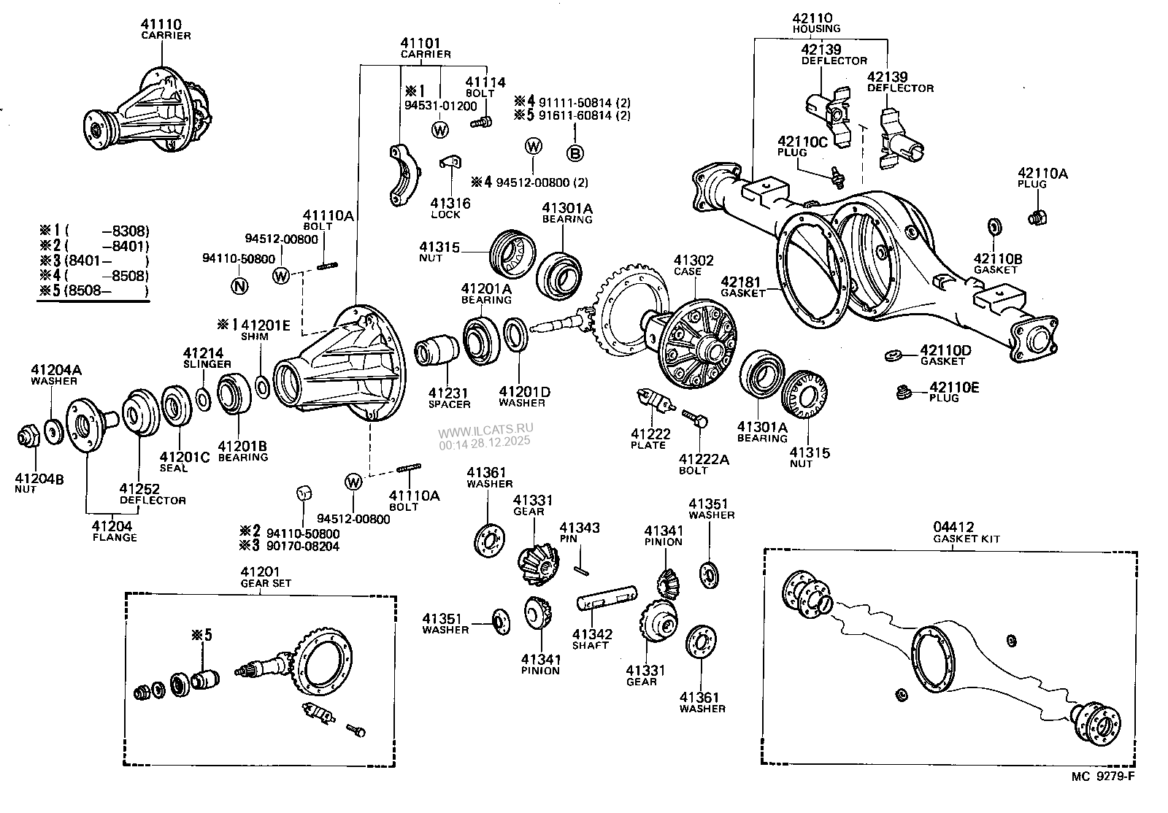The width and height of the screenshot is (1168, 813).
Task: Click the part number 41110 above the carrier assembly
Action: point(161,25)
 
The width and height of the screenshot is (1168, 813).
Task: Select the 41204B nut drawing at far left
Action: point(28,437)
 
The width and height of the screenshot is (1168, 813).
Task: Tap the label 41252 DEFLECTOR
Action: point(153,494)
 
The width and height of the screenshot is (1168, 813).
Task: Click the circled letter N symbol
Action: point(239,286)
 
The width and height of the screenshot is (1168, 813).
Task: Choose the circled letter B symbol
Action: point(575,153)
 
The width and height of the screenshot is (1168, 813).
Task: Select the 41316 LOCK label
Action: point(450,208)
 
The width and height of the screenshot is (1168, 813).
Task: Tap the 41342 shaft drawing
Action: point(607,601)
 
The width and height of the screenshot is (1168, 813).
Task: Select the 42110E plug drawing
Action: point(904,393)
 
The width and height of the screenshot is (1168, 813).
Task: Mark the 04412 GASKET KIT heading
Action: point(966,532)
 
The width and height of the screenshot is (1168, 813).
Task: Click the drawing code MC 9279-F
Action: point(1103,777)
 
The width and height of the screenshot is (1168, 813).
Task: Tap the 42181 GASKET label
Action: point(742,286)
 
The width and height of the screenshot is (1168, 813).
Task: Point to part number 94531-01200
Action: point(440,106)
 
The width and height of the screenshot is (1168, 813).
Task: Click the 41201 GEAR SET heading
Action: point(260,577)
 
